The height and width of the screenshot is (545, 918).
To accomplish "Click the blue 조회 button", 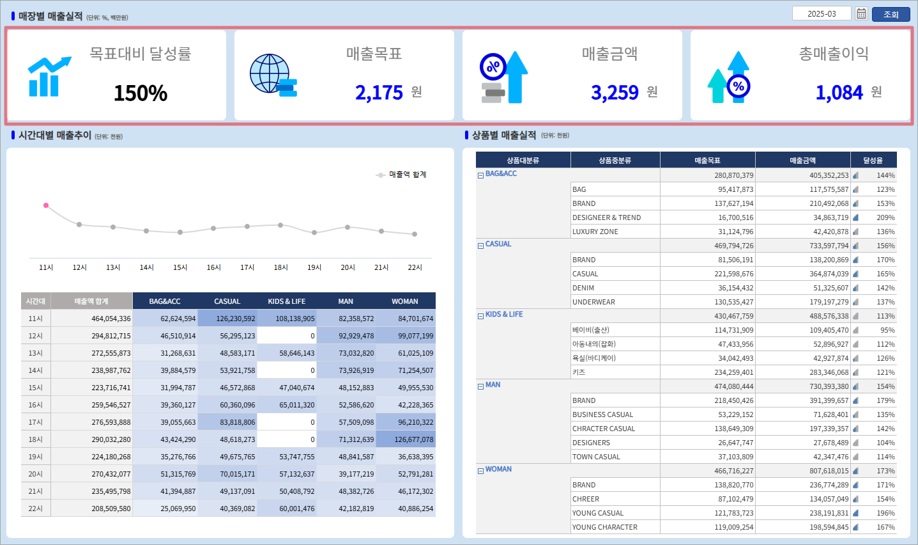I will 891,14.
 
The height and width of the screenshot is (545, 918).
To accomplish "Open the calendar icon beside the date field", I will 861,13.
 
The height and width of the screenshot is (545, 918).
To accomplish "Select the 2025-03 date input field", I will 822,13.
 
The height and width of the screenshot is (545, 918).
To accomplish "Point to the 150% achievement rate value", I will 141,93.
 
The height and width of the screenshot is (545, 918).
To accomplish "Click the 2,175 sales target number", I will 379,93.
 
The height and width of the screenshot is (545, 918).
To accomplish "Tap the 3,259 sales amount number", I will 615,93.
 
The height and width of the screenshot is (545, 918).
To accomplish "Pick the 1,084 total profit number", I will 839,93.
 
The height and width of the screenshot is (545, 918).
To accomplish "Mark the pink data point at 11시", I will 46,205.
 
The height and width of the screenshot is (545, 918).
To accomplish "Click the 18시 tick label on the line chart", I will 280,267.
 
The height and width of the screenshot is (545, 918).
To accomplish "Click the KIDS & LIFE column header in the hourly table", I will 287,301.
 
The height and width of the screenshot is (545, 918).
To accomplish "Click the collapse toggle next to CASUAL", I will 480,245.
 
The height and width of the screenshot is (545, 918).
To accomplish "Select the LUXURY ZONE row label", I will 595,232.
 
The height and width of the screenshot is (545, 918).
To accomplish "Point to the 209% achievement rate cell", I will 885,217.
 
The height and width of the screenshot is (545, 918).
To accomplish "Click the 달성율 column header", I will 873,161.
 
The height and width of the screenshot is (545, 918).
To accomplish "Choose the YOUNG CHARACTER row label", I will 604,527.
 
